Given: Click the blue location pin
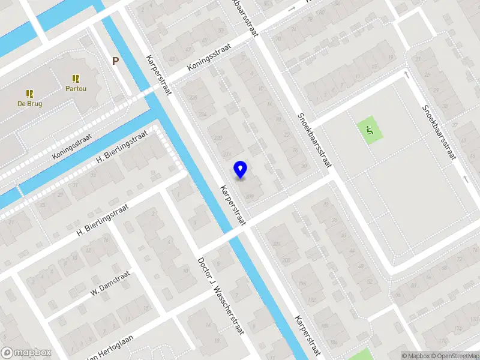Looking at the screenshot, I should pyautogui.click(x=241, y=169).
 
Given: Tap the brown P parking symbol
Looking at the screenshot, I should pyautogui.click(x=115, y=60).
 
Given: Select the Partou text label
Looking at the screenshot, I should pyautogui.click(x=76, y=89).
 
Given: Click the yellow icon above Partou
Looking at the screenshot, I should pyautogui.click(x=76, y=79).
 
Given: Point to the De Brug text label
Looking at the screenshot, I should pyautogui.click(x=29, y=104).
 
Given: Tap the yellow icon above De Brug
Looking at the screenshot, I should pyautogui.click(x=29, y=94).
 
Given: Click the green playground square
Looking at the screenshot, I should pyautogui.click(x=370, y=129).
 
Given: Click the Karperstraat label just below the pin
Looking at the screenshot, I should pyautogui.click(x=233, y=205).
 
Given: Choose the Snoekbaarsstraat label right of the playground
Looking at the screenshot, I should pyautogui.click(x=439, y=132).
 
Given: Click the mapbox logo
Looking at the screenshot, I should pyautogui.click(x=26, y=353).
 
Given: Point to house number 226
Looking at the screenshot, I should pyautogui.click(x=193, y=98).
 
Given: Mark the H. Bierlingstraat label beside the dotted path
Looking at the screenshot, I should pyautogui.click(x=122, y=149).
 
